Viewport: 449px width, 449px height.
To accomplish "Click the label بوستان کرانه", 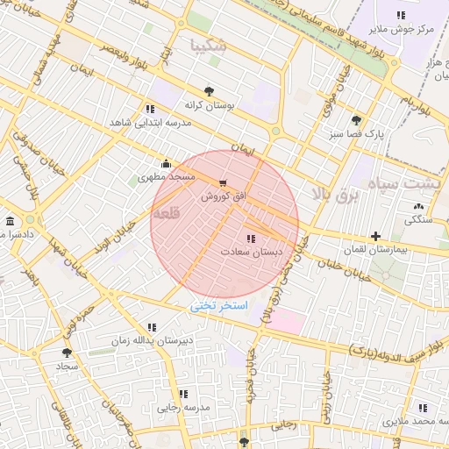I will point(209,104).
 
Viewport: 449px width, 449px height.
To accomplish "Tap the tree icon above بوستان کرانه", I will point(209,90).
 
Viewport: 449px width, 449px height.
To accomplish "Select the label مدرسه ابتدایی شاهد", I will point(149,123).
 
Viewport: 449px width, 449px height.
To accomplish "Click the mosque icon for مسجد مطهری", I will point(167,163).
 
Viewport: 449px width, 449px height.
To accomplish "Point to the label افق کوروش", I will point(223,196).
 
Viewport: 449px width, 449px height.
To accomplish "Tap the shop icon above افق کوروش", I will point(223,183).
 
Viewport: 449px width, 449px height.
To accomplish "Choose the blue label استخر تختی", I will point(220,306).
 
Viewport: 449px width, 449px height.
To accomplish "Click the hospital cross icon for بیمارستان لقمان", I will point(375,236).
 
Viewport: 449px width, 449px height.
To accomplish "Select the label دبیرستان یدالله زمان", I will point(152,340).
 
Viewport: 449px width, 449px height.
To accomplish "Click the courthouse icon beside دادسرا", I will point(10,221).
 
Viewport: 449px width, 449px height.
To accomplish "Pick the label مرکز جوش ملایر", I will point(401,29).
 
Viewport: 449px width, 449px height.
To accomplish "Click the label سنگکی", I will point(417,220).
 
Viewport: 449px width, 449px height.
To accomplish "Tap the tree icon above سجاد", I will point(67,353).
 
